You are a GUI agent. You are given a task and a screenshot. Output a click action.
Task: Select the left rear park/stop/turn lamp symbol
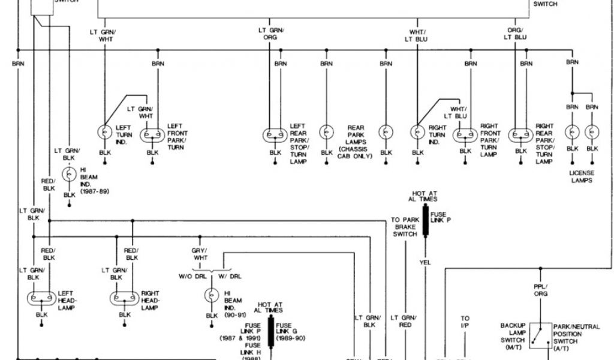click(x=275, y=134)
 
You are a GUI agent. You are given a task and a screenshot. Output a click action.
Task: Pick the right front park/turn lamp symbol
click(x=466, y=134)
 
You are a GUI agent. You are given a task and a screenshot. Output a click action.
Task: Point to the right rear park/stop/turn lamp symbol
click(x=521, y=134)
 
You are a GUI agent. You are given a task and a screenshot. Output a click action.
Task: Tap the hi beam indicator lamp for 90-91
click(x=212, y=295)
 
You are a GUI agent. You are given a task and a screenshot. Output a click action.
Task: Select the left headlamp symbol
click(x=41, y=298)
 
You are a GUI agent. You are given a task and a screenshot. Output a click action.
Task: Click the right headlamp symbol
click(x=124, y=298)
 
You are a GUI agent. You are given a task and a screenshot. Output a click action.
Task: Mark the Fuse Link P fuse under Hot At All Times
click(x=426, y=221)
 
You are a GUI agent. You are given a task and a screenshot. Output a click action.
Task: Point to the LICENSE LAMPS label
click(x=582, y=176)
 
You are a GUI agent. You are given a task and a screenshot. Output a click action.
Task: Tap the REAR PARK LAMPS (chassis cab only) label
click(x=356, y=142)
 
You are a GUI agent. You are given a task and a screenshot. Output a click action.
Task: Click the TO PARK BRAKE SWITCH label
click(x=404, y=227)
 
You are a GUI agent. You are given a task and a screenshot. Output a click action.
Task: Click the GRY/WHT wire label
click(x=200, y=254)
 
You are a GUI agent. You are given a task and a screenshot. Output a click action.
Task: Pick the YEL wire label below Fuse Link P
click(x=426, y=262)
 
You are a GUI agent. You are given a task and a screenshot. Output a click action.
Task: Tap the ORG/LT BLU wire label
click(x=515, y=34)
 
